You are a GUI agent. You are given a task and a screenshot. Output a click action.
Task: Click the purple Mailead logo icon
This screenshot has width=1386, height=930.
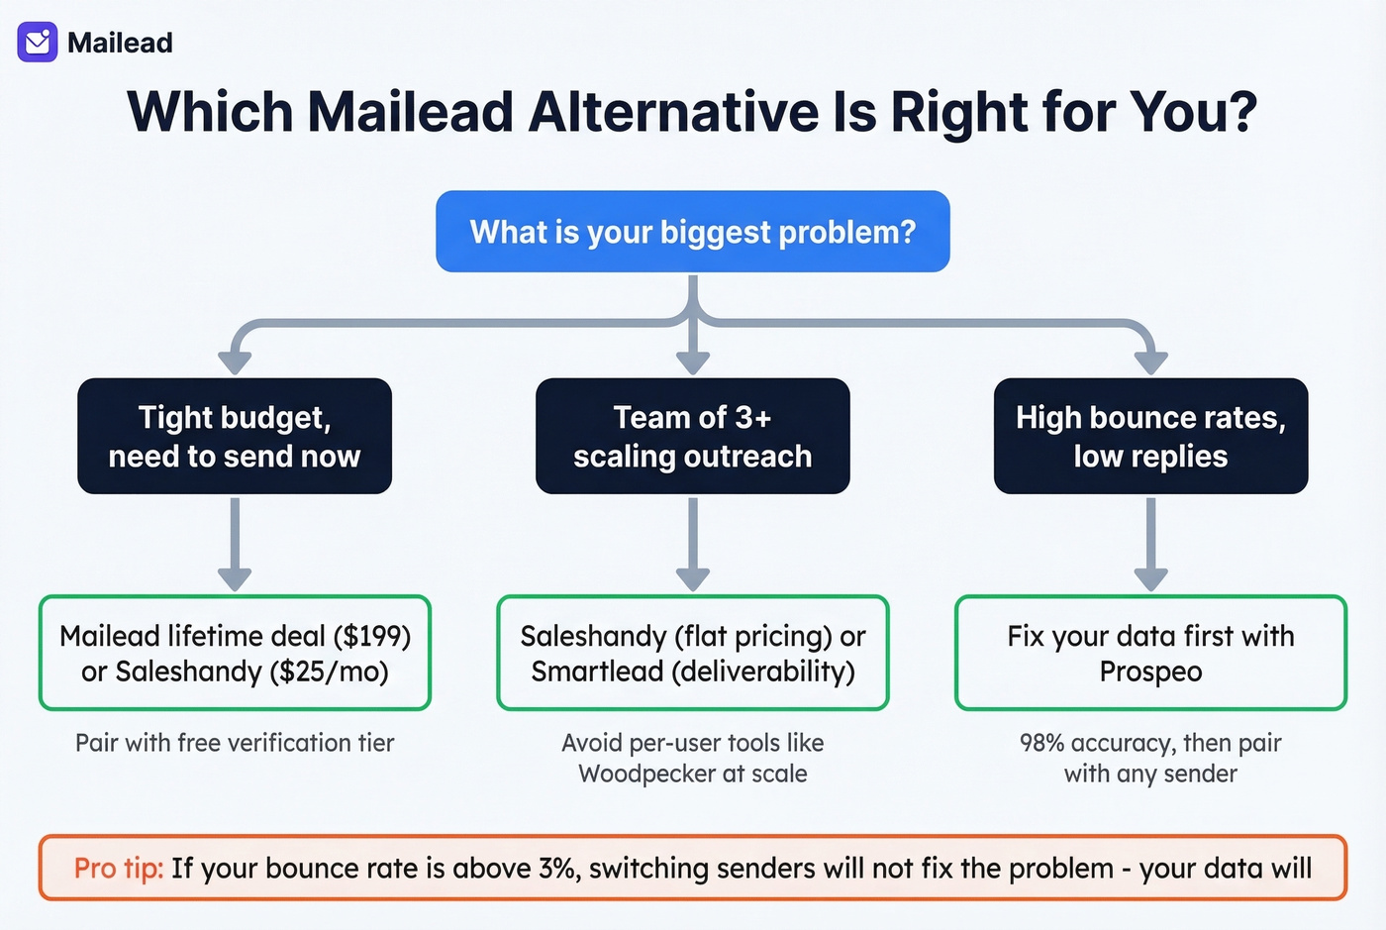pyautogui.click(x=38, y=43)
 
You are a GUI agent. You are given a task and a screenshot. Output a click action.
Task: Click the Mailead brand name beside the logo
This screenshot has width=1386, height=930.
pyautogui.click(x=120, y=43)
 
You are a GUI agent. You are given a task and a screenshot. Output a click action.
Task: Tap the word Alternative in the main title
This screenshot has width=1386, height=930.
pyautogui.click(x=673, y=111)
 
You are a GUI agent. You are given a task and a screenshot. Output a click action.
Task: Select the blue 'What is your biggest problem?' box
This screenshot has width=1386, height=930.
pyautogui.click(x=692, y=232)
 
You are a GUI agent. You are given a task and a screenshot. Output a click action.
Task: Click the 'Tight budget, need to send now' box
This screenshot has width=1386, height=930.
pyautogui.click(x=235, y=436)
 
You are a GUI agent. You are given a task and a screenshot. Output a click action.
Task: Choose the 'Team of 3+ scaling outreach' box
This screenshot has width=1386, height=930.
pyautogui.click(x=692, y=436)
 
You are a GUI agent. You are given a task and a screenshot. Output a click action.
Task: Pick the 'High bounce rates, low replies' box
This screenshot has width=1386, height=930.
pyautogui.click(x=1150, y=436)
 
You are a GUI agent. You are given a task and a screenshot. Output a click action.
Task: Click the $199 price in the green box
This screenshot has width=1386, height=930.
pyautogui.click(x=372, y=636)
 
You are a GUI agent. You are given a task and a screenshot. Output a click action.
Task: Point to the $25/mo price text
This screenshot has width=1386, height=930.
pyautogui.click(x=329, y=672)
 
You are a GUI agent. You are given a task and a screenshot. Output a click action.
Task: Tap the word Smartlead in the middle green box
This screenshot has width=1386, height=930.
pyautogui.click(x=597, y=672)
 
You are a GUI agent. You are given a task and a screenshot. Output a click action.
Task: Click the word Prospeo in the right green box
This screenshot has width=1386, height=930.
pyautogui.click(x=1150, y=672)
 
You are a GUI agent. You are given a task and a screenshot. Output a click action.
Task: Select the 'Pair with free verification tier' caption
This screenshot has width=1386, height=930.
pyautogui.click(x=235, y=743)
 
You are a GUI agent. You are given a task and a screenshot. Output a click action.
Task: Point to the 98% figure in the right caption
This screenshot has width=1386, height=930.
pyautogui.click(x=1042, y=743)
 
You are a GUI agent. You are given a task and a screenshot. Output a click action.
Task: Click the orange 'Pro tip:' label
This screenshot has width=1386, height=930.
pyautogui.click(x=118, y=869)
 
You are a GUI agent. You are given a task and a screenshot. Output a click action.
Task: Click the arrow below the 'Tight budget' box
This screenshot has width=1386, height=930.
pyautogui.click(x=235, y=545)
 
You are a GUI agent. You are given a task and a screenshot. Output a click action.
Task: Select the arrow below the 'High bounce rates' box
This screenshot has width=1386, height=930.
pyautogui.click(x=1150, y=545)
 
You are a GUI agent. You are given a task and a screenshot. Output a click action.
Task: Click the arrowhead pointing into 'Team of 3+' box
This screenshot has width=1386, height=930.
pyautogui.click(x=692, y=361)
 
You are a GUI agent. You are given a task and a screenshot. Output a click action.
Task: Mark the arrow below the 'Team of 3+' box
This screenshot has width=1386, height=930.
pyautogui.click(x=692, y=545)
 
